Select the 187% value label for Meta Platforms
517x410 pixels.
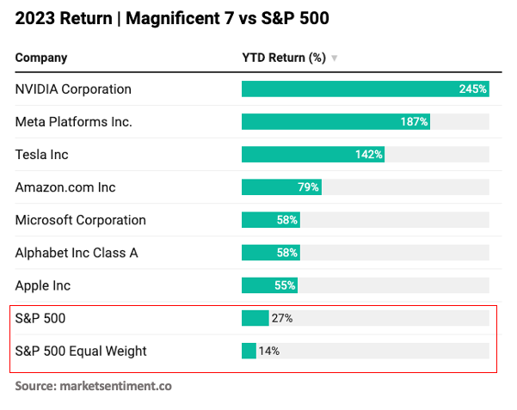pyautogui.click(x=414, y=122)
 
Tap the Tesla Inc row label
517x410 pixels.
pyautogui.click(x=41, y=155)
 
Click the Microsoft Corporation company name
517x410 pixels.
pyautogui.click(x=81, y=220)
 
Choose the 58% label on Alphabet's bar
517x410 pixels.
pyautogui.click(x=287, y=253)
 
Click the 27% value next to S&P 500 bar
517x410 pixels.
pyautogui.click(x=282, y=318)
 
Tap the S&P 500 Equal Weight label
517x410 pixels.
pyautogui.click(x=81, y=351)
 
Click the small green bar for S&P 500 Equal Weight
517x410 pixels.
pyautogui.click(x=249, y=351)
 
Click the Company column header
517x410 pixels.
pyautogui.click(x=41, y=58)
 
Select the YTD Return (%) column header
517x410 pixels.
pyautogui.click(x=284, y=58)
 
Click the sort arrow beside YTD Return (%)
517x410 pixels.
pyautogui.click(x=335, y=58)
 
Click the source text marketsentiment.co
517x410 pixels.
pyautogui.click(x=115, y=386)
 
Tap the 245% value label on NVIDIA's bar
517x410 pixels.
pyautogui.click(x=473, y=89)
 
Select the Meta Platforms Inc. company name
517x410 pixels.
pyautogui.click(x=74, y=122)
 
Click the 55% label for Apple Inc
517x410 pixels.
pyautogui.click(x=286, y=285)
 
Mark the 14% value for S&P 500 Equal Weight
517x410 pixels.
pyautogui.click(x=269, y=351)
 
